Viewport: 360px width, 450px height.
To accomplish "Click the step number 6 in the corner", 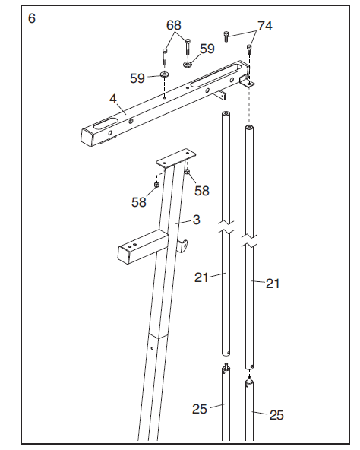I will pos(31,18).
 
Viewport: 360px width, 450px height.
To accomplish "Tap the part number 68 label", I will pos(175,26).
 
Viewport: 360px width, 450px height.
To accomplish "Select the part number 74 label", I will pos(264,26).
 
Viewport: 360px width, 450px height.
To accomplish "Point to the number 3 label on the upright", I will pos(196,220).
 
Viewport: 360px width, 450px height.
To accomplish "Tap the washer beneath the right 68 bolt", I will pos(186,65).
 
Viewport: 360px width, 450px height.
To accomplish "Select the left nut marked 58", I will pos(156,183).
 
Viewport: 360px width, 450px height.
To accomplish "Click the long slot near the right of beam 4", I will pos(216,77).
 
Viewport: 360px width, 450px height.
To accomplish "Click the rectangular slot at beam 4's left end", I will pos(109,122).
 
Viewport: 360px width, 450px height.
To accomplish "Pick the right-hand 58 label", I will pos(202,190).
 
